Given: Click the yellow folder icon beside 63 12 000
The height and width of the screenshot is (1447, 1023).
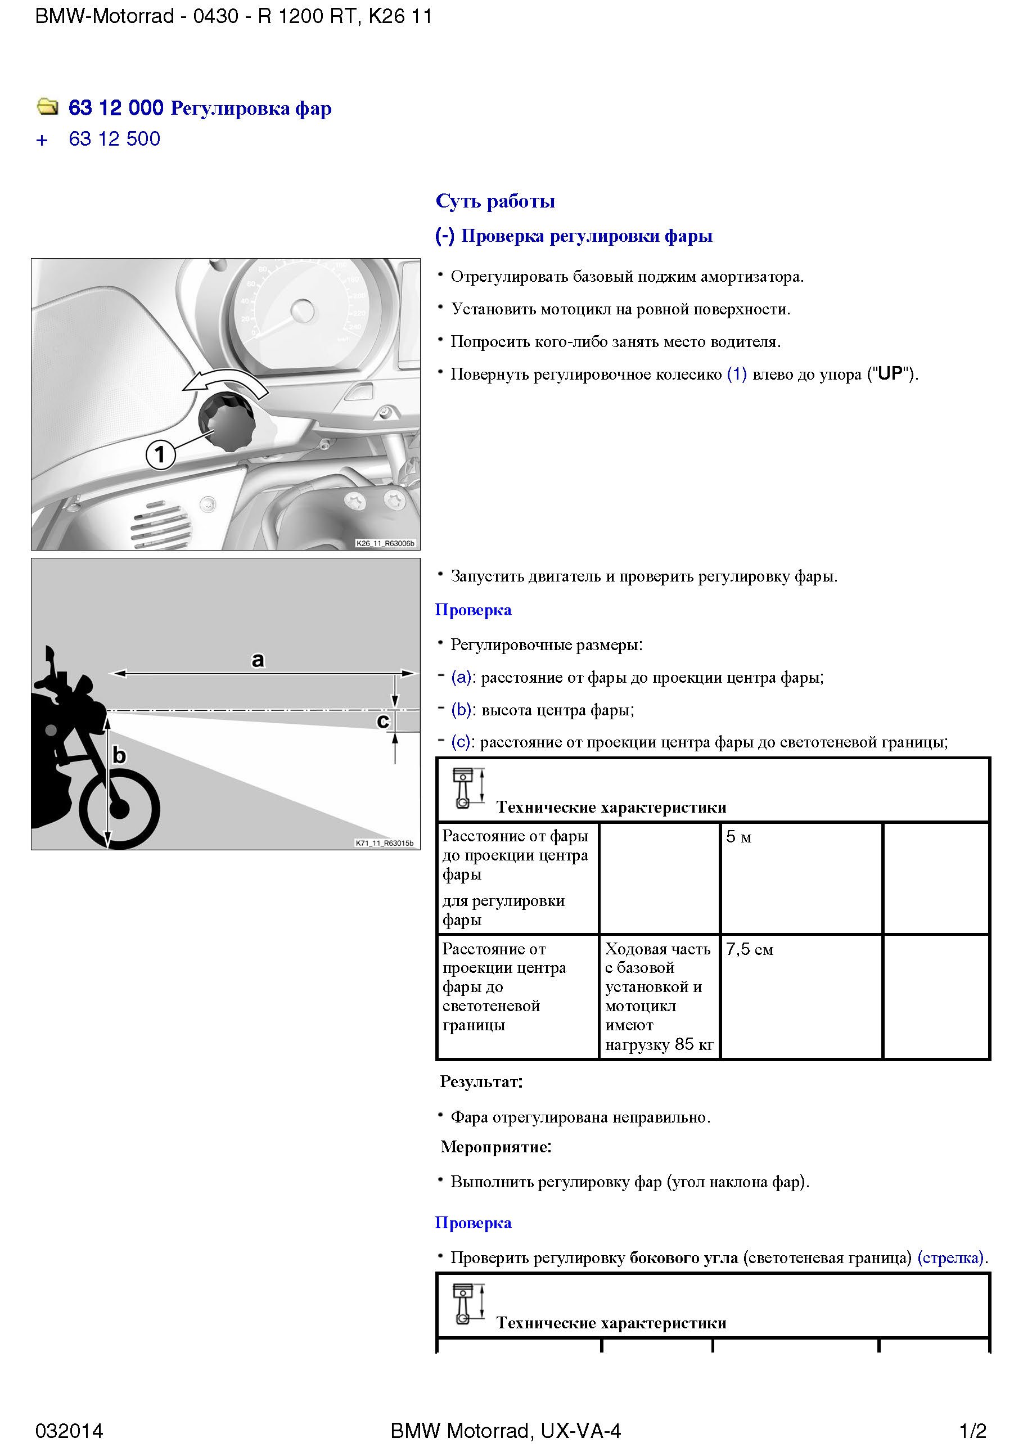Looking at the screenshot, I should click(x=47, y=107).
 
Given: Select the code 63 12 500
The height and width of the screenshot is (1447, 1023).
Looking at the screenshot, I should click(x=114, y=139).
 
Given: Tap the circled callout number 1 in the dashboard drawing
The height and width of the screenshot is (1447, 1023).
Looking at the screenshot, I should click(x=160, y=454).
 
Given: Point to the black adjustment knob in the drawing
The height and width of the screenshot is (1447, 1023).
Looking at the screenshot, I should click(x=226, y=420).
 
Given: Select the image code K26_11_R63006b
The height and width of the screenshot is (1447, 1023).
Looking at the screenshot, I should click(x=385, y=543).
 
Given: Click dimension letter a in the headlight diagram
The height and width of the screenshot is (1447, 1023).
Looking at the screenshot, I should click(x=258, y=660).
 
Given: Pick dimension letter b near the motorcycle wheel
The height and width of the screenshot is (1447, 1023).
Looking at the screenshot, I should click(x=119, y=755).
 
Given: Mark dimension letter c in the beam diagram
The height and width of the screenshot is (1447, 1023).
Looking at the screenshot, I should click(x=382, y=721).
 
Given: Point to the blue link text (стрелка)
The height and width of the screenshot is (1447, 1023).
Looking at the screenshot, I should click(x=952, y=1257).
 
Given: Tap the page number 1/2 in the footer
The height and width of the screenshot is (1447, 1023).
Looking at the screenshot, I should click(x=972, y=1431).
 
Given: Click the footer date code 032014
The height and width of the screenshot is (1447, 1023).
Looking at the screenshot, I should click(x=69, y=1431).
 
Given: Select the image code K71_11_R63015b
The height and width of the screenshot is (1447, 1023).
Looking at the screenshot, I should click(x=385, y=843).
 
